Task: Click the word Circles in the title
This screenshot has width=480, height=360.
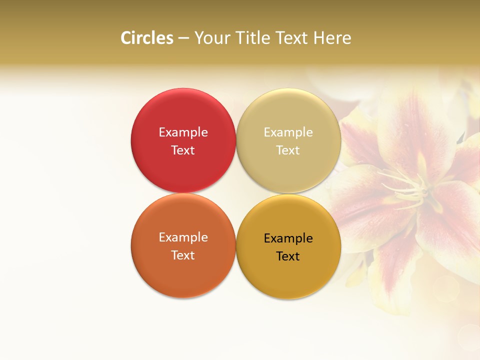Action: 146,38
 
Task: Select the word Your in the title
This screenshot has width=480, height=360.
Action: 212,38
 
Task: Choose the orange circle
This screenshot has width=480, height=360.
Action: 183,275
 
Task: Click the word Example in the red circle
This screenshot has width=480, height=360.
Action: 183,132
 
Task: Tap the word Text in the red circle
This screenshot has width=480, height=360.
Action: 183,150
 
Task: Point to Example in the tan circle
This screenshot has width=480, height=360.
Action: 288,132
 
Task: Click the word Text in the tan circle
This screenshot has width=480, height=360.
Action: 288,150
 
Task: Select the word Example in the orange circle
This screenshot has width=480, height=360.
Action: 183,237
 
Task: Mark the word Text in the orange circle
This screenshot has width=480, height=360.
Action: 183,255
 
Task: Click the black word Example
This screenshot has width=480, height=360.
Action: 288,238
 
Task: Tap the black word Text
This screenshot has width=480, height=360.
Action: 288,256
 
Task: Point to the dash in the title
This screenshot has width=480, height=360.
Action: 183,38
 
